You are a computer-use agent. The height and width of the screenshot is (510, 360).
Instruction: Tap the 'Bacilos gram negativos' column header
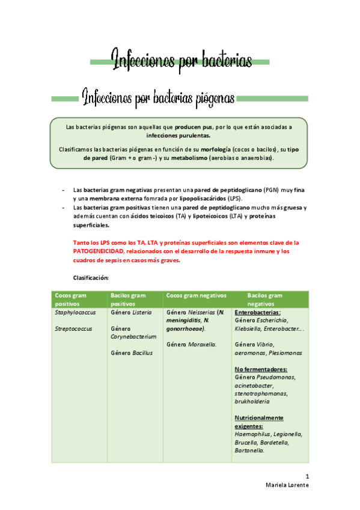265,299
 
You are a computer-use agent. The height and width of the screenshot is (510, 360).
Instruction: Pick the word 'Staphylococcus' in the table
75,313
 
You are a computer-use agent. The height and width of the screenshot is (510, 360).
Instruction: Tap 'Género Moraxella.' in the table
191,344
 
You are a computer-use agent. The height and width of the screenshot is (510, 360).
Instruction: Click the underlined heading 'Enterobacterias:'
257,313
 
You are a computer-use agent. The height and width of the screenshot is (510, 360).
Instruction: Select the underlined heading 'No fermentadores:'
260,369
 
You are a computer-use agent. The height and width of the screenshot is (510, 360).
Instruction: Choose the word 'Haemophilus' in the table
252,434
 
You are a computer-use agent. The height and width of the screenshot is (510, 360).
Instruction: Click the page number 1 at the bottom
307,475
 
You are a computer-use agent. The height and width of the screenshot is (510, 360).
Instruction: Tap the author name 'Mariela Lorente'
287,485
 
